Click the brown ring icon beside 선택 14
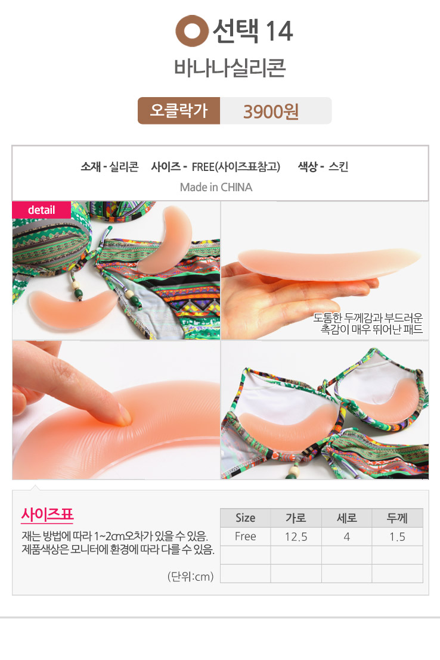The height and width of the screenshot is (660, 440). [x=192, y=31]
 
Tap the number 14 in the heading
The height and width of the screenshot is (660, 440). [x=279, y=31]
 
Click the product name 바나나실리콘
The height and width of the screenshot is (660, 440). [x=230, y=68]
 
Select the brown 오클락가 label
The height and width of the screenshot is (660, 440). [x=179, y=111]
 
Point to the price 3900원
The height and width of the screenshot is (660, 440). [x=271, y=111]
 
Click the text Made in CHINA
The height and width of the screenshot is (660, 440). [x=216, y=187]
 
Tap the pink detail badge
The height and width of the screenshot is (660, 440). [x=41, y=210]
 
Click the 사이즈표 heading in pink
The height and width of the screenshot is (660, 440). [x=47, y=514]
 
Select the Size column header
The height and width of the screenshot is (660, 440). [x=245, y=518]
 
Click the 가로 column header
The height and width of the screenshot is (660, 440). [x=296, y=518]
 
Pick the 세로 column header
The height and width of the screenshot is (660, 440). [x=346, y=518]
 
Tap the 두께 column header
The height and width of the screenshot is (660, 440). [x=397, y=518]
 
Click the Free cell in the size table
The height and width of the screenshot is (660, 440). [x=245, y=537]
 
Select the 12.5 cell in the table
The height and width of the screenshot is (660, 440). [x=296, y=537]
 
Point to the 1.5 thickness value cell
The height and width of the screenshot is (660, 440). [x=397, y=537]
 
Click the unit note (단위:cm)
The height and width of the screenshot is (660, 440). [x=191, y=576]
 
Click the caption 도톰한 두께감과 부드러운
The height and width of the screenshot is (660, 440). [x=367, y=318]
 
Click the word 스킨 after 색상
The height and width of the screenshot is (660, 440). [x=338, y=167]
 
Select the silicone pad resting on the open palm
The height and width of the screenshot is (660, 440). [x=329, y=264]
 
